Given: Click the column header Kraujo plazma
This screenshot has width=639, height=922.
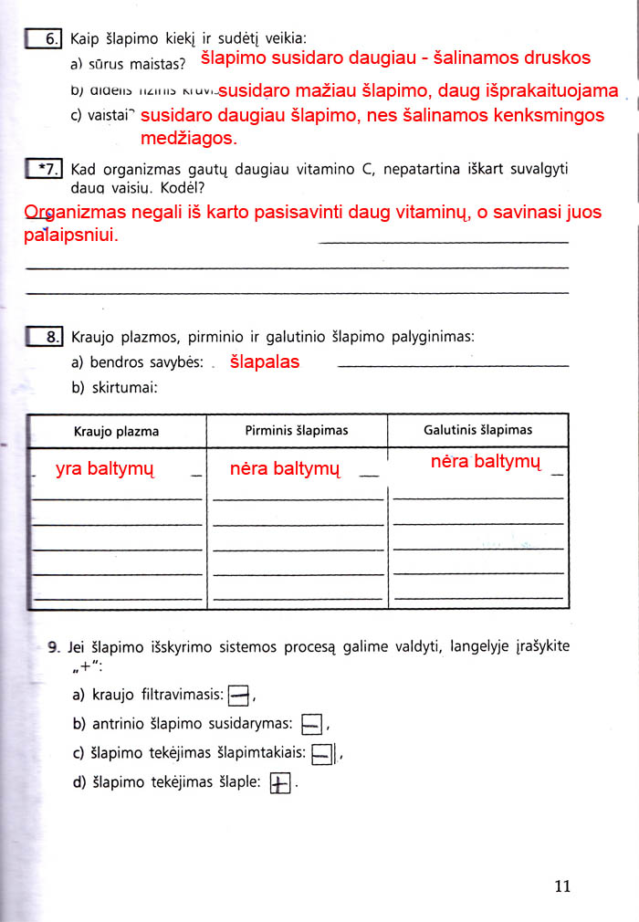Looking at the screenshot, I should (x=116, y=431).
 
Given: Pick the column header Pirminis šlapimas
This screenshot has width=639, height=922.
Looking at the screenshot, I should (x=297, y=430).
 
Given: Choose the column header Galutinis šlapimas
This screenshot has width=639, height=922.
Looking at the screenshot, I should (x=477, y=429).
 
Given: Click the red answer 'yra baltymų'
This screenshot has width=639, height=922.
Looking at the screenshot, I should (x=105, y=470).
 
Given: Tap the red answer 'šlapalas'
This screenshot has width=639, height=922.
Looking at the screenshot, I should (x=264, y=361).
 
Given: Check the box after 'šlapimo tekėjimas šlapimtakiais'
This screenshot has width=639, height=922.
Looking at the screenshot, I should (x=321, y=755).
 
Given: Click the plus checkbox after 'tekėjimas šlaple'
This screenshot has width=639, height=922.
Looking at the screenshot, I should (x=279, y=784).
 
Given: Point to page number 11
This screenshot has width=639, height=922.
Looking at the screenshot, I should (x=561, y=885).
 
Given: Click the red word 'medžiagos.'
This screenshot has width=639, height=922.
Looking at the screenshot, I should (x=188, y=139).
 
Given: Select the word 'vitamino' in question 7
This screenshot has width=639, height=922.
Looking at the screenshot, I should (x=306, y=170).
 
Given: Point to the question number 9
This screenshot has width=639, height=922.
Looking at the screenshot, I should (x=54, y=646).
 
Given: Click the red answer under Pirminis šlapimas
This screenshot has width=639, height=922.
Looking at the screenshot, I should (x=285, y=470).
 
